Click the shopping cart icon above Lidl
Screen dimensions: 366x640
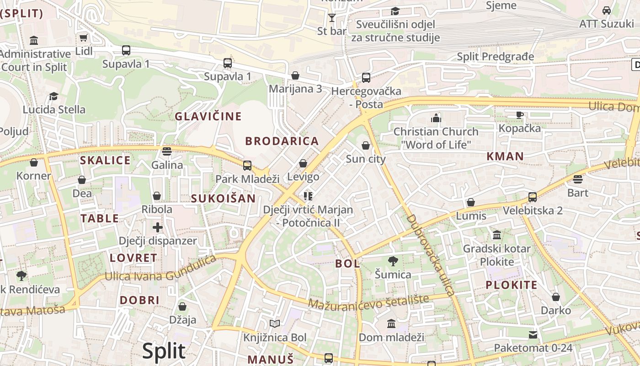pos(83,38)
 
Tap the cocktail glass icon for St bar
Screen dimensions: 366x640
pos(332,18)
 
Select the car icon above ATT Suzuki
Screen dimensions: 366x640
pos(606,11)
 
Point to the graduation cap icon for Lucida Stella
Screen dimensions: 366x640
pos(54,96)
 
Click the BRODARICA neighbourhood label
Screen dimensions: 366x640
pos(282,141)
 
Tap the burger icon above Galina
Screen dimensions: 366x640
pos(167,151)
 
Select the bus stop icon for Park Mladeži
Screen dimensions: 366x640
pos(247,165)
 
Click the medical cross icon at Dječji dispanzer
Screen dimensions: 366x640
pos(158,227)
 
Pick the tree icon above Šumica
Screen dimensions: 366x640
pos(393,261)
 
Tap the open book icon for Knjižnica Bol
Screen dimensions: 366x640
pos(274,324)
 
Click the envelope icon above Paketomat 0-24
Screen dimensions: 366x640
pos(533,334)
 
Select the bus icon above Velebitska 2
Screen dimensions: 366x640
pos(533,197)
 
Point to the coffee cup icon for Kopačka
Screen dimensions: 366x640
pos(519,115)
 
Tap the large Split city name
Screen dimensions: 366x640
pos(164,351)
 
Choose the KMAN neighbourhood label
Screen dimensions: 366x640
pos(505,156)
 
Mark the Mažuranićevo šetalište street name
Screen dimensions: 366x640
pos(368,301)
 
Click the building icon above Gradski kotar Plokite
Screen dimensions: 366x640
pos(496,235)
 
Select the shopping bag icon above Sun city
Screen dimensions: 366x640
pos(366,146)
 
